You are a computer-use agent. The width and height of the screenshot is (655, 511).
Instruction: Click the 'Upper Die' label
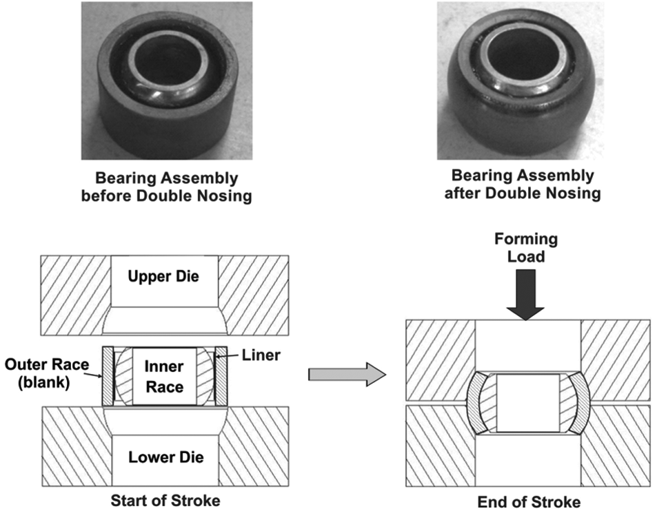pyautogui.click(x=163, y=276)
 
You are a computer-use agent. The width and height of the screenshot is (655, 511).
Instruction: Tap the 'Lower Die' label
pyautogui.click(x=166, y=457)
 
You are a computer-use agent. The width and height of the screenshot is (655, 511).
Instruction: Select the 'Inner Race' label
pyautogui.click(x=164, y=377)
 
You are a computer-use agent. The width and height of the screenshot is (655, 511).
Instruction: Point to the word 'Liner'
pyautogui.click(x=261, y=355)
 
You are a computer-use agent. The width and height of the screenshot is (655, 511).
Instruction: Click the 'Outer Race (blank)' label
pyautogui.click(x=47, y=373)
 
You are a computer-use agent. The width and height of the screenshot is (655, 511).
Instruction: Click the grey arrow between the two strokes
pyautogui.click(x=347, y=375)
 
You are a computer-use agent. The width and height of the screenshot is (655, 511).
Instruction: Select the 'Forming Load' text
pyautogui.click(x=526, y=248)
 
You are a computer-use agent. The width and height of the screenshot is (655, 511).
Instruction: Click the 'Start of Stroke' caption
pyautogui.click(x=165, y=500)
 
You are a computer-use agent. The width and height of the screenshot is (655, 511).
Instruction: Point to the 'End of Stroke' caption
pyautogui.click(x=529, y=502)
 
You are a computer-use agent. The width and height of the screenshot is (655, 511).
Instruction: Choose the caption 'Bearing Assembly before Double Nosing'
pyautogui.click(x=166, y=187)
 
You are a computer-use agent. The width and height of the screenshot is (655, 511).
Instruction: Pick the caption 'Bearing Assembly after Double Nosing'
pyautogui.click(x=523, y=184)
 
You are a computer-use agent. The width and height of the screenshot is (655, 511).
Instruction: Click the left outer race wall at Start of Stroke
pyautogui.click(x=108, y=376)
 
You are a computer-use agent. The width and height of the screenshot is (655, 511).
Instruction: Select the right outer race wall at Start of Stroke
pyautogui.click(x=221, y=376)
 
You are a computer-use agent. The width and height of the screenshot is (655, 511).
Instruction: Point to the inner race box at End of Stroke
pyautogui.click(x=528, y=403)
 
